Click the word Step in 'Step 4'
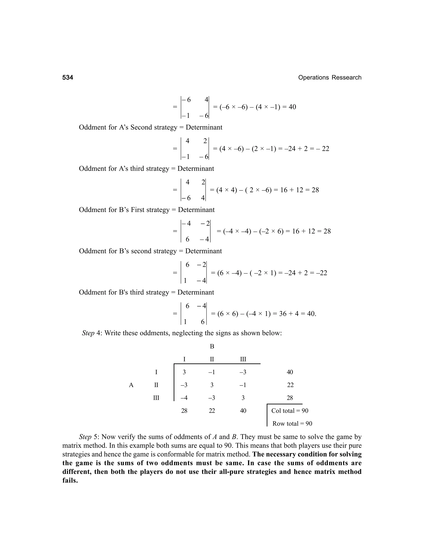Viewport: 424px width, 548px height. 88,333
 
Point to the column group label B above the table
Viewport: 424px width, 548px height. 212,347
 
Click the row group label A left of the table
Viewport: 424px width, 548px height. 131,385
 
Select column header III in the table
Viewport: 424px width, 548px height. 243,359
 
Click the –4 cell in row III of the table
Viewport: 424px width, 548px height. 184,398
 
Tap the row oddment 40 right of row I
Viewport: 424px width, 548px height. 290,372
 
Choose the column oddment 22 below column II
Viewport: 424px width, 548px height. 212,411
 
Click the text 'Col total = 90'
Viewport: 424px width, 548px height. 290,411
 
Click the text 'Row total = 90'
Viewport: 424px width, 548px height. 292,424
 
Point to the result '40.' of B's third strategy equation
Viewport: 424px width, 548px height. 311,314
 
